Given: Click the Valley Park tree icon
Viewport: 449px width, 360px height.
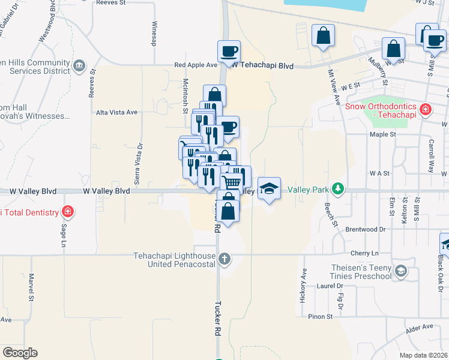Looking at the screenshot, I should (x=339, y=189).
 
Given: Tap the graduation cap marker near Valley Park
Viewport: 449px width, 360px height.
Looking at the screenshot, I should (x=269, y=188).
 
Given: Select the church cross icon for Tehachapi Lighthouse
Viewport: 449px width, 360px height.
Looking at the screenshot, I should (x=224, y=259).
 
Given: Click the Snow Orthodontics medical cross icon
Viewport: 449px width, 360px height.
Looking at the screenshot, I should (x=426, y=110).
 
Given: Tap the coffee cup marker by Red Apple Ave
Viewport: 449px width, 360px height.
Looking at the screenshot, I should (x=229, y=51).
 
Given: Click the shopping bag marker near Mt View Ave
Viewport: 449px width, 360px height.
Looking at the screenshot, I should (x=323, y=35).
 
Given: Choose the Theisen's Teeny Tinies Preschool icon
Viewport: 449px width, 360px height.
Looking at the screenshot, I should (x=402, y=272).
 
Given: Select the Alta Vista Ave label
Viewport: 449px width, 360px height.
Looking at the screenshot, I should (x=117, y=112).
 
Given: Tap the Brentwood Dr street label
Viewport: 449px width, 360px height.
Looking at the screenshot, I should (x=365, y=229).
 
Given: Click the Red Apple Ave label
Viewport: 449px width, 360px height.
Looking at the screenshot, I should (x=195, y=65).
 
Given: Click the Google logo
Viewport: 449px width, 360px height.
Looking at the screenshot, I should (x=20, y=353).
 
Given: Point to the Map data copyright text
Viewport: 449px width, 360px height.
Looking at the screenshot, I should (x=423, y=355).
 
